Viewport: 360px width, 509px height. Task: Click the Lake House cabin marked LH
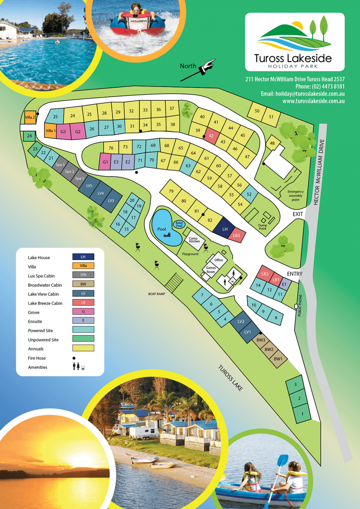pos(225,229)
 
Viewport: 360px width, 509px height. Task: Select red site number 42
pos(211,136)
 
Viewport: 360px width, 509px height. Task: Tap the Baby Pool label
pos(179,224)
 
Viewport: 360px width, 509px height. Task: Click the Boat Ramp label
pos(156,294)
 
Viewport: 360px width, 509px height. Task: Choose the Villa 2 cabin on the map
pos(30,117)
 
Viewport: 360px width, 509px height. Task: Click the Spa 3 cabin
pos(60,165)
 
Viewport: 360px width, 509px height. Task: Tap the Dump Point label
pos(262,227)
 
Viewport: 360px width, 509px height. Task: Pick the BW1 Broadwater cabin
pos(278,359)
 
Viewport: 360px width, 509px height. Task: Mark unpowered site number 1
pos(302,413)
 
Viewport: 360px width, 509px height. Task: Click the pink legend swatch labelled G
pos(83,312)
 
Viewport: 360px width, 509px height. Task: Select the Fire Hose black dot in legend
pos(74,358)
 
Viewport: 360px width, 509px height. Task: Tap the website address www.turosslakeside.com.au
pos(313,101)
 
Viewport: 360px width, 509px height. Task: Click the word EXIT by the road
pos(298,214)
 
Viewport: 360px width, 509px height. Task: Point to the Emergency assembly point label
pos(295,196)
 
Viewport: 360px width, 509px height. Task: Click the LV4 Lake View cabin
pos(101,193)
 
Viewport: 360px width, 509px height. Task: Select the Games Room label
pos(211,270)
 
